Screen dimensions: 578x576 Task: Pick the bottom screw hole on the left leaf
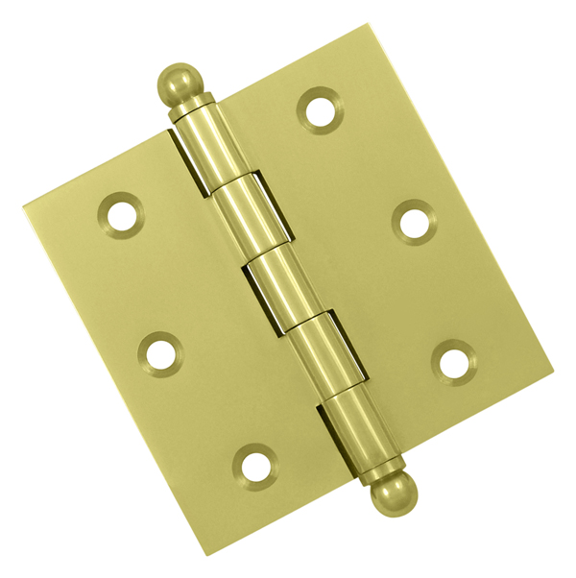coord(254,466)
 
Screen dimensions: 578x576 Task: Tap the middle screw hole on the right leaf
coord(415,222)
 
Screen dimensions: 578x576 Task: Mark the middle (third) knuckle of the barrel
coord(275,279)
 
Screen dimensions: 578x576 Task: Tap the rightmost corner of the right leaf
coord(554,366)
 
